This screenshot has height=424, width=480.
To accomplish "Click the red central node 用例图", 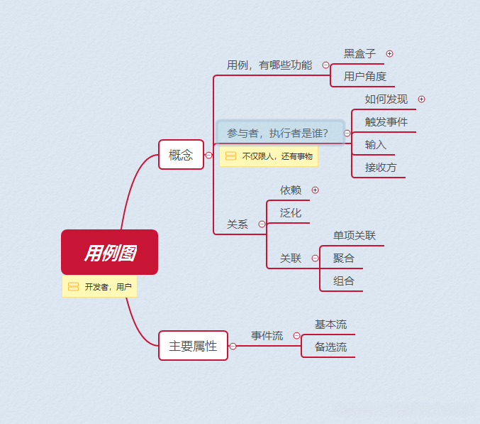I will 109,252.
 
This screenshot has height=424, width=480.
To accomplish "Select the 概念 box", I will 181,155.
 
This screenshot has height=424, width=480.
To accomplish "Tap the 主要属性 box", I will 193,346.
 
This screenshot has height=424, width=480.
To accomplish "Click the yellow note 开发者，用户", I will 100,287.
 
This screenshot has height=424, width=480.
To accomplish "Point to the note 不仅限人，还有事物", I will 269,156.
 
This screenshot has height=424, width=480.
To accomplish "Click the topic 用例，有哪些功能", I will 269,65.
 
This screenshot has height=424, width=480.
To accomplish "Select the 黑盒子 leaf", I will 359,53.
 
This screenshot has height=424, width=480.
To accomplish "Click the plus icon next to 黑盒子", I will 389,53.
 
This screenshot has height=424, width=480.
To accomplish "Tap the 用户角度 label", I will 364,76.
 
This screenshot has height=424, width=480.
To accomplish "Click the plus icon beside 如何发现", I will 421,99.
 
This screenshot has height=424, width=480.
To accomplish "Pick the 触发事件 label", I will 386,121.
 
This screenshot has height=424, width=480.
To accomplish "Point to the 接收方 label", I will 381,168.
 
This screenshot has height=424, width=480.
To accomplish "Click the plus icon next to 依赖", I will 315,190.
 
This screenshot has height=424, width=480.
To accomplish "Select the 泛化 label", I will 290,212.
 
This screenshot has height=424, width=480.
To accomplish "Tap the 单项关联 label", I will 355,235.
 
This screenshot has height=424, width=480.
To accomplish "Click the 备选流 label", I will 330,347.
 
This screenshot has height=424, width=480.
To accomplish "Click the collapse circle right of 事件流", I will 296,335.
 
